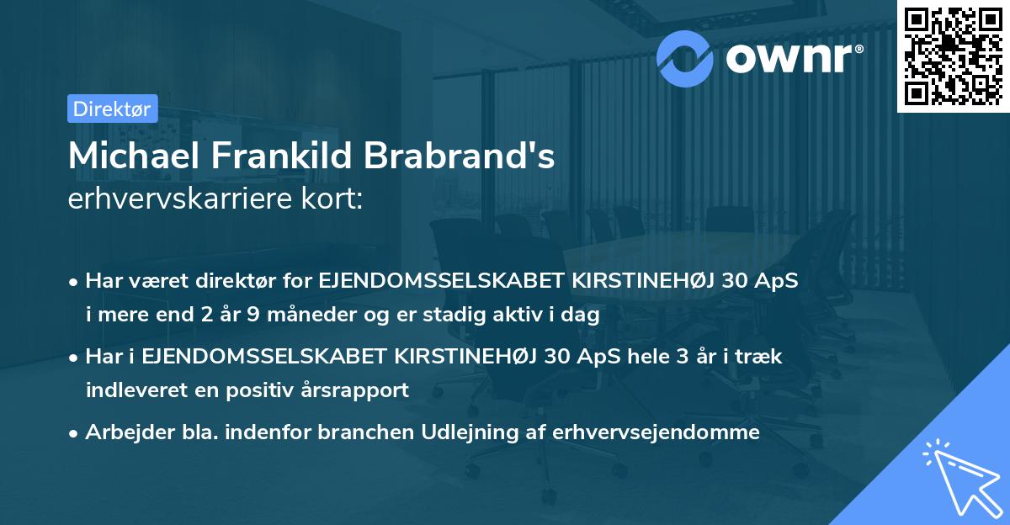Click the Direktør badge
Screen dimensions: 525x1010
pos(111,109)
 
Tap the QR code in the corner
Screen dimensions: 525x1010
pos(951,55)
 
